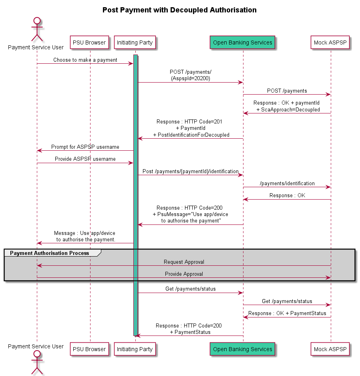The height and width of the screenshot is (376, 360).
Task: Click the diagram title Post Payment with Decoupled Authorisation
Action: click(179, 10)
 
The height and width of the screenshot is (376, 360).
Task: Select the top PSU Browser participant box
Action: click(89, 42)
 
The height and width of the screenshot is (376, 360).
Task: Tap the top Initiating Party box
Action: click(135, 42)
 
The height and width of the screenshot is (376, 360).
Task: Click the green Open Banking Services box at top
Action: click(242, 42)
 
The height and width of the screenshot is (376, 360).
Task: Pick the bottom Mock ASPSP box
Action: click(330, 349)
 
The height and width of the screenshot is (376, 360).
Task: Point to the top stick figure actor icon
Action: click(37, 29)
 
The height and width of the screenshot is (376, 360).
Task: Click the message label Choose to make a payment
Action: click(85, 60)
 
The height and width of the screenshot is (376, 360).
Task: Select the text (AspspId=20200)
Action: click(191, 79)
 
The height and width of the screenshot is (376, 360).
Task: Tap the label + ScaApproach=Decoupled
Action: click(288, 109)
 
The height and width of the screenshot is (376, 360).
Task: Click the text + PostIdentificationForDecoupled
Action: click(191, 135)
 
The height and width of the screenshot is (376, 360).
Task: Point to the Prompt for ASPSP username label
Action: click(85, 147)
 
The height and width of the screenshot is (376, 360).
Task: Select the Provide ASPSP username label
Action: click(85, 159)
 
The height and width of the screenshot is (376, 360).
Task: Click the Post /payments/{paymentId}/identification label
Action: click(191, 171)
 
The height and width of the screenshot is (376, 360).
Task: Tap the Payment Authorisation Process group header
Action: click(50, 253)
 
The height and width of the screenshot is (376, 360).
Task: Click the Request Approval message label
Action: click(184, 262)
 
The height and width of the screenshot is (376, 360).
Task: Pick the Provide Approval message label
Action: click(184, 274)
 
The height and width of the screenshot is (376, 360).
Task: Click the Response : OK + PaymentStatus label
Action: click(287, 313)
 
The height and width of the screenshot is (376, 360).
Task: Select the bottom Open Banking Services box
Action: click(242, 349)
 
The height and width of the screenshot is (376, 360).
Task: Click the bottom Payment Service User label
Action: click(36, 346)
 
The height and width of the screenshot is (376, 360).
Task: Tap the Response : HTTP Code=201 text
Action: click(189, 121)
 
